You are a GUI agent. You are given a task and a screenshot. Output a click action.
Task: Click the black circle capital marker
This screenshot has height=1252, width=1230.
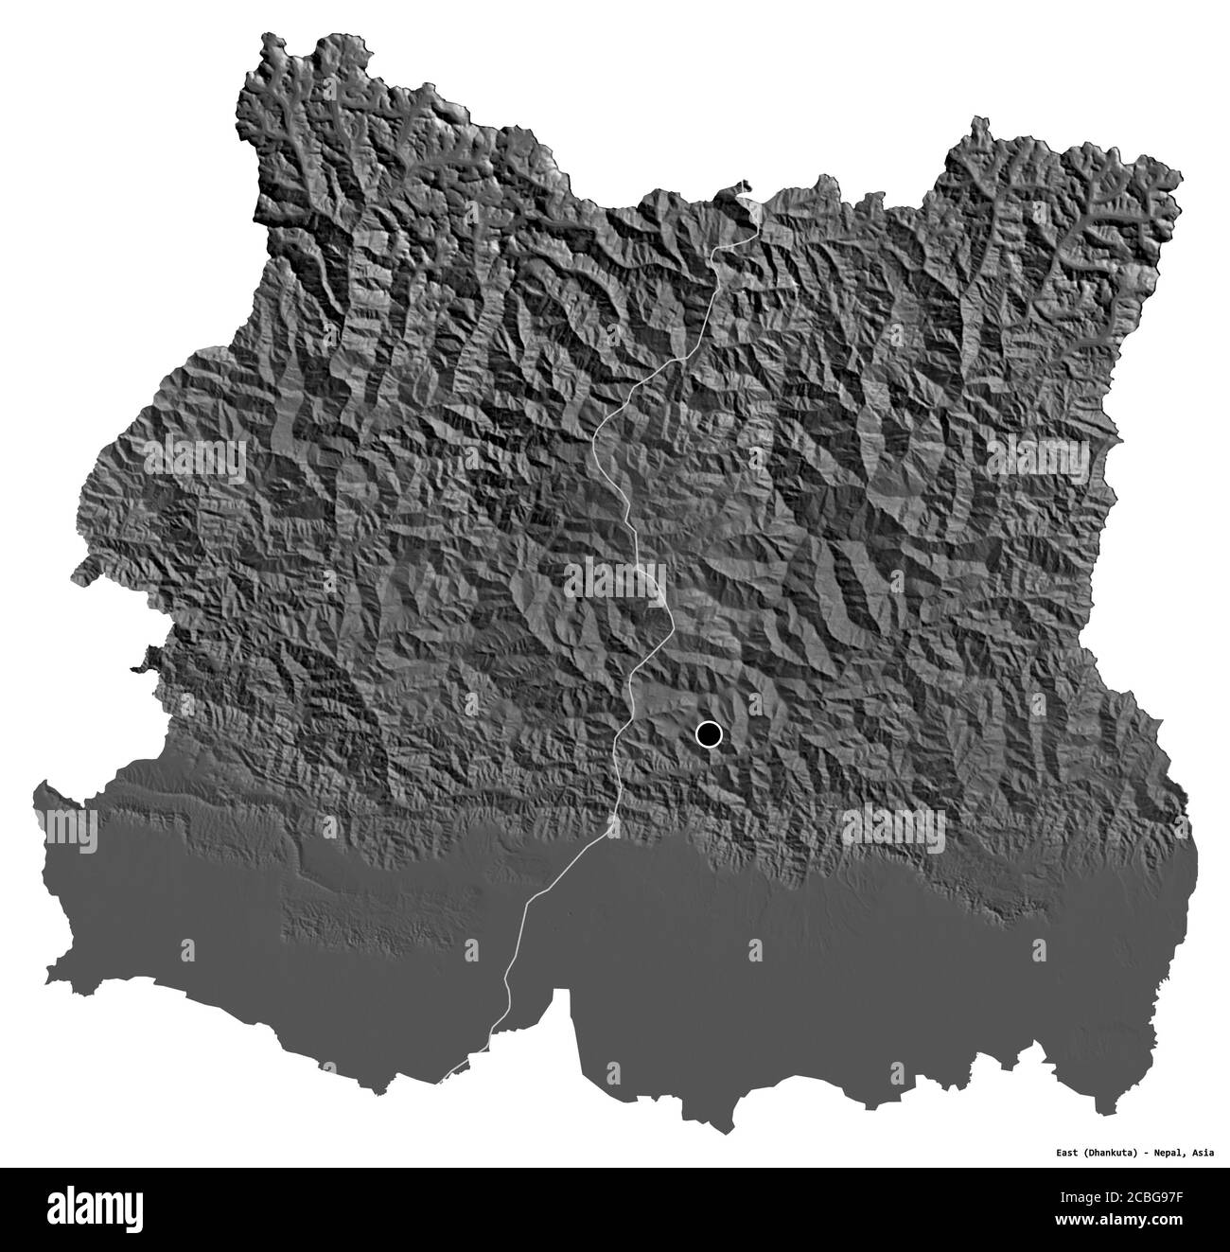[708, 733]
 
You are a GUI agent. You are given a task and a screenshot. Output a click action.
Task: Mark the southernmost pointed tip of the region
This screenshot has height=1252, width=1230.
[725, 1132]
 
